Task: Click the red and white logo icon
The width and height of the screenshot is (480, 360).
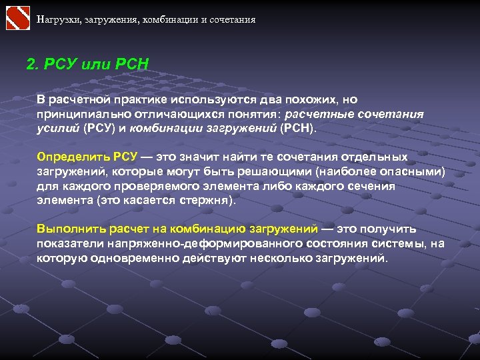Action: (18, 18)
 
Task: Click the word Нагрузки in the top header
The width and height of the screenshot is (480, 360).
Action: (57, 19)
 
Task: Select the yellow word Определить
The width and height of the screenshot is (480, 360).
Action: (68, 157)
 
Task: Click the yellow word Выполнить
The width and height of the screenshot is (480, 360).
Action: (65, 229)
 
